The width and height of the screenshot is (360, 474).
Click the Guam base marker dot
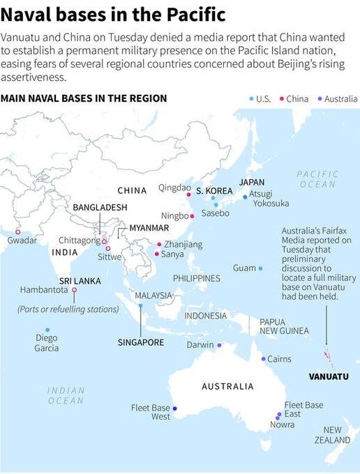[260, 268]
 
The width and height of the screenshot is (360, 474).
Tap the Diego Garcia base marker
[47, 330]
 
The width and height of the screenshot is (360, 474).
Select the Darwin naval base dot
[219, 345]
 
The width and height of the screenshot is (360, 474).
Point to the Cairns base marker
[263, 359]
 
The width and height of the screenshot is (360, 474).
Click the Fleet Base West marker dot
[175, 408]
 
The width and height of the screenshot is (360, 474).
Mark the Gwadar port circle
[18, 232]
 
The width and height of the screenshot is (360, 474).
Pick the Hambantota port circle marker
[73, 290]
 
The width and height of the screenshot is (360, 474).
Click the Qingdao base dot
[188, 194]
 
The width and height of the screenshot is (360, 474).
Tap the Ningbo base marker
[193, 216]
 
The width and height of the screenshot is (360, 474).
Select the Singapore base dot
[140, 305]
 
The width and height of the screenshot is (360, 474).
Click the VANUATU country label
[328, 376]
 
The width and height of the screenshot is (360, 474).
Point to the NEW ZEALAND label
[332, 435]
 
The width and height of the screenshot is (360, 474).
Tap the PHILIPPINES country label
[196, 278]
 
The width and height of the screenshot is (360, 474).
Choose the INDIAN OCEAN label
[66, 395]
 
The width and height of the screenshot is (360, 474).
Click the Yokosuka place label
[271, 203]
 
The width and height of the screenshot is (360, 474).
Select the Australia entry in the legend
[337, 98]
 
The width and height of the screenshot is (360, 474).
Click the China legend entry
[294, 98]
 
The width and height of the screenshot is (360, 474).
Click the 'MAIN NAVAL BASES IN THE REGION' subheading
[84, 98]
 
